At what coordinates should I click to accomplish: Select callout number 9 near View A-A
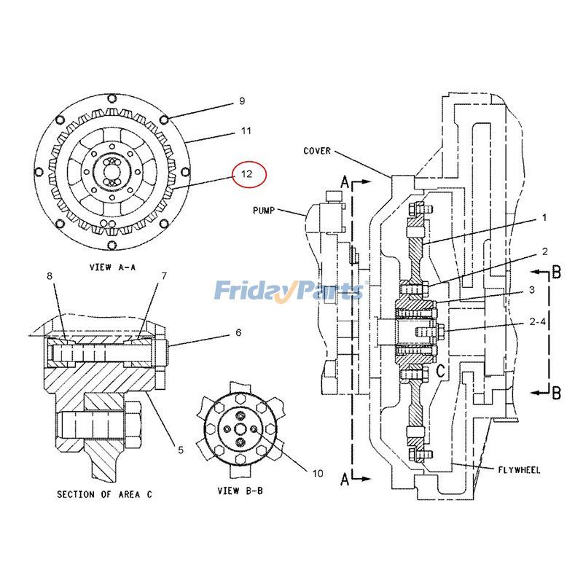pos(241,102)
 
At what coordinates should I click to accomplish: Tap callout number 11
pos(246,131)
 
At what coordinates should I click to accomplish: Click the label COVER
pos(317,151)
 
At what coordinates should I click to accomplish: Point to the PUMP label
pos(264,210)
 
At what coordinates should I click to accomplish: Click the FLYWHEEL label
pos(519,470)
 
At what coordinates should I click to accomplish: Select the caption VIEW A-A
pos(112,267)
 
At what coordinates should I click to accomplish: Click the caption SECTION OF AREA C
pos(104,494)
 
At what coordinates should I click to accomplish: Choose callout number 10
pos(317,474)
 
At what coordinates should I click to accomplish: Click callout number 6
pos(238,332)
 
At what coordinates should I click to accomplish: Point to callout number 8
pos(50,275)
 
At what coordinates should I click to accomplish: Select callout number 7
pos(164,275)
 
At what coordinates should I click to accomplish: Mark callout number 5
pos(180,450)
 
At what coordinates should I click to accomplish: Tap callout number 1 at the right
pos(544,217)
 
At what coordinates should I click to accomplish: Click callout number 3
pos(532,289)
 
